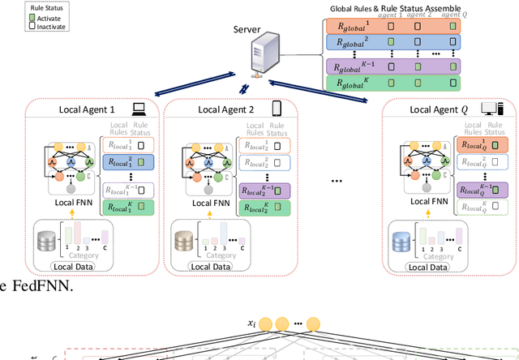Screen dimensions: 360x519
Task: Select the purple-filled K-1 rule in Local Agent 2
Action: click(x=265, y=191)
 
